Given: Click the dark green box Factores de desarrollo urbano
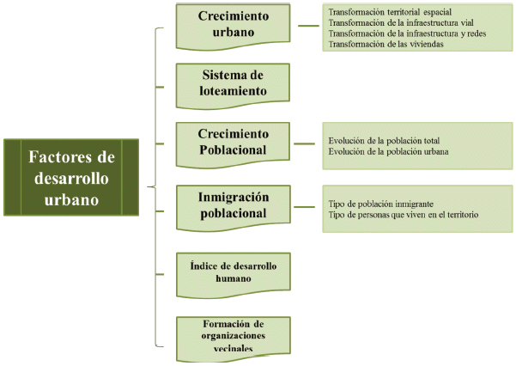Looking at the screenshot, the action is pyautogui.click(x=71, y=177).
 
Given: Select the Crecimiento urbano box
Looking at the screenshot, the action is pyautogui.click(x=233, y=27).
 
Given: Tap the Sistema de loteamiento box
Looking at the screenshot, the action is pyautogui.click(x=233, y=86).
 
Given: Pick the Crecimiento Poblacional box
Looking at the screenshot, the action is pyautogui.click(x=233, y=145).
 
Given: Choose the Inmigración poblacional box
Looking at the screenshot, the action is pyautogui.click(x=234, y=208).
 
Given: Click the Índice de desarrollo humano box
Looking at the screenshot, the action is pyautogui.click(x=234, y=276).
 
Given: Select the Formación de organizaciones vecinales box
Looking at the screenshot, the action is pyautogui.click(x=234, y=339).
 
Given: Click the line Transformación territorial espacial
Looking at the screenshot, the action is pyautogui.click(x=390, y=12).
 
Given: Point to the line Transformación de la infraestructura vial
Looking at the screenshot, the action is pyautogui.click(x=401, y=22).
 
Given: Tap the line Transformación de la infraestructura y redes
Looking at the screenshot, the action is pyautogui.click(x=407, y=34).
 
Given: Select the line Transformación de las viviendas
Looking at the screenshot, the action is pyautogui.click(x=385, y=44).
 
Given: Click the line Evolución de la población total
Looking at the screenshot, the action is pyautogui.click(x=384, y=141).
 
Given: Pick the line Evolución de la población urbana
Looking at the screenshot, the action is pyautogui.click(x=388, y=151).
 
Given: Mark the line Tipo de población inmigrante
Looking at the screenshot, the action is pyautogui.click(x=380, y=204).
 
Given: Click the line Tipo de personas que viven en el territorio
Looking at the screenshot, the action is pyautogui.click(x=404, y=215).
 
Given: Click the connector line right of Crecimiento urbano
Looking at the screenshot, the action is pyautogui.click(x=308, y=26).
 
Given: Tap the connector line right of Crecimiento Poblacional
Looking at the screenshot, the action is pyautogui.click(x=304, y=143).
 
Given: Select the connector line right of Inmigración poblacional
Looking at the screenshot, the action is pyautogui.click(x=304, y=207).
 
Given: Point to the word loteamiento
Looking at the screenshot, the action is pyautogui.click(x=233, y=91).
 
